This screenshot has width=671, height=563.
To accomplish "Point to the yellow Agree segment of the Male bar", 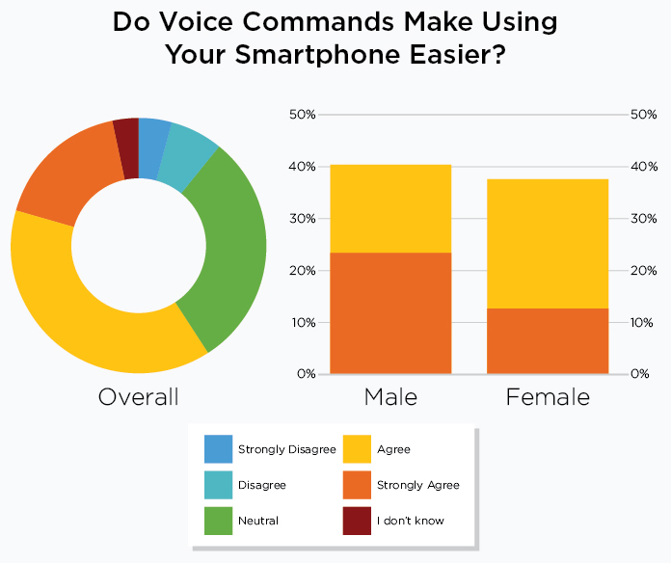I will coord(390,208).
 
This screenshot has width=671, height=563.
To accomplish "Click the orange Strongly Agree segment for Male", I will coord(390,312).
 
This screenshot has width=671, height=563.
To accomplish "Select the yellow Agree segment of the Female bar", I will coord(548,243).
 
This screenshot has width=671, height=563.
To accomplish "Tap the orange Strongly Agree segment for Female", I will coord(548,340).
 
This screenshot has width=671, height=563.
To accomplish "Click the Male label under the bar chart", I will coord(390,396).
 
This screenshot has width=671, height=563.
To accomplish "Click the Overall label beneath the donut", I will coord(138,396).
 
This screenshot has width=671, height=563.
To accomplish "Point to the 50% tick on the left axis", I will coord(302,115).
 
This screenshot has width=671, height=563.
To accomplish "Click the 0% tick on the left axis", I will coord(306,374).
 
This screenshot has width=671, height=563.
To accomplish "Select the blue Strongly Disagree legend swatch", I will coord(218,449).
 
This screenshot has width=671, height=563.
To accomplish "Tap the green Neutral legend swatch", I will coord(218,521).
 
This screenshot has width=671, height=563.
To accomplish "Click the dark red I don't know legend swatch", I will coord(357,521).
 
